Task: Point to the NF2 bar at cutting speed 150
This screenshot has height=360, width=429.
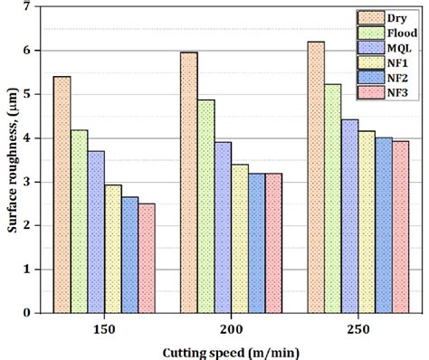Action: click(x=129, y=254)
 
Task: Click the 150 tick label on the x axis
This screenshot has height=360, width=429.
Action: click(x=104, y=330)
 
